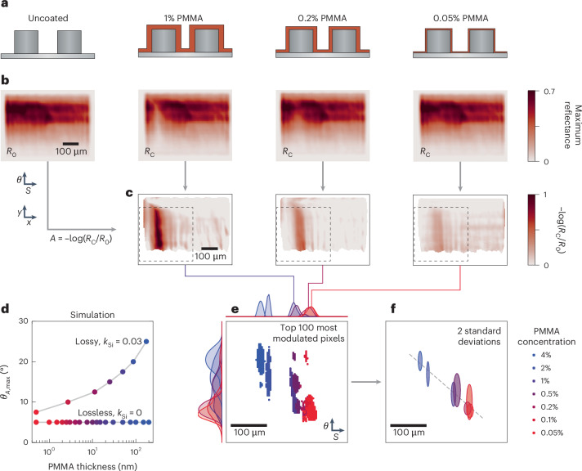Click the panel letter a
pyautogui.click(x=4, y=5)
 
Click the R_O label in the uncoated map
pyautogui.click(x=12, y=151)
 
